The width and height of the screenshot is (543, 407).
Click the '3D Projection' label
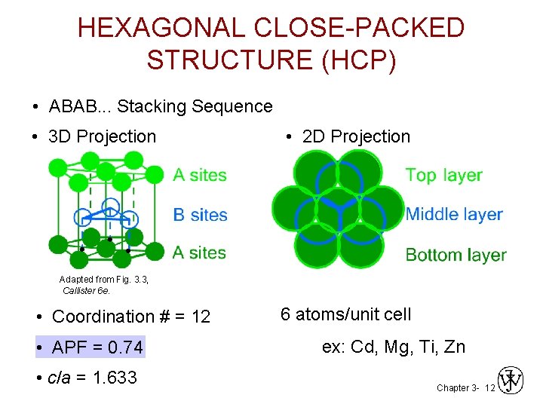click(102, 136)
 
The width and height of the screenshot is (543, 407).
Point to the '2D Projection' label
click(356, 136)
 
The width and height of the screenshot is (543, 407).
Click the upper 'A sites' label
click(200, 175)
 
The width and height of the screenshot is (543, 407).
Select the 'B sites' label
click(200, 215)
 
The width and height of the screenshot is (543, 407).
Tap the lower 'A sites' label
click(200, 252)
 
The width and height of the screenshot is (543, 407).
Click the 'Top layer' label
click(443, 175)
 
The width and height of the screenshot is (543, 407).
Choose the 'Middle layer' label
click(454, 214)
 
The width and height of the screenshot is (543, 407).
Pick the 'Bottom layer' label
click(456, 255)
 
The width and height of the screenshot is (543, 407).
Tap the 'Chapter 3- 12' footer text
click(465, 387)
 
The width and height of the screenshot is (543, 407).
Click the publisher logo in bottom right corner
click(511, 381)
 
